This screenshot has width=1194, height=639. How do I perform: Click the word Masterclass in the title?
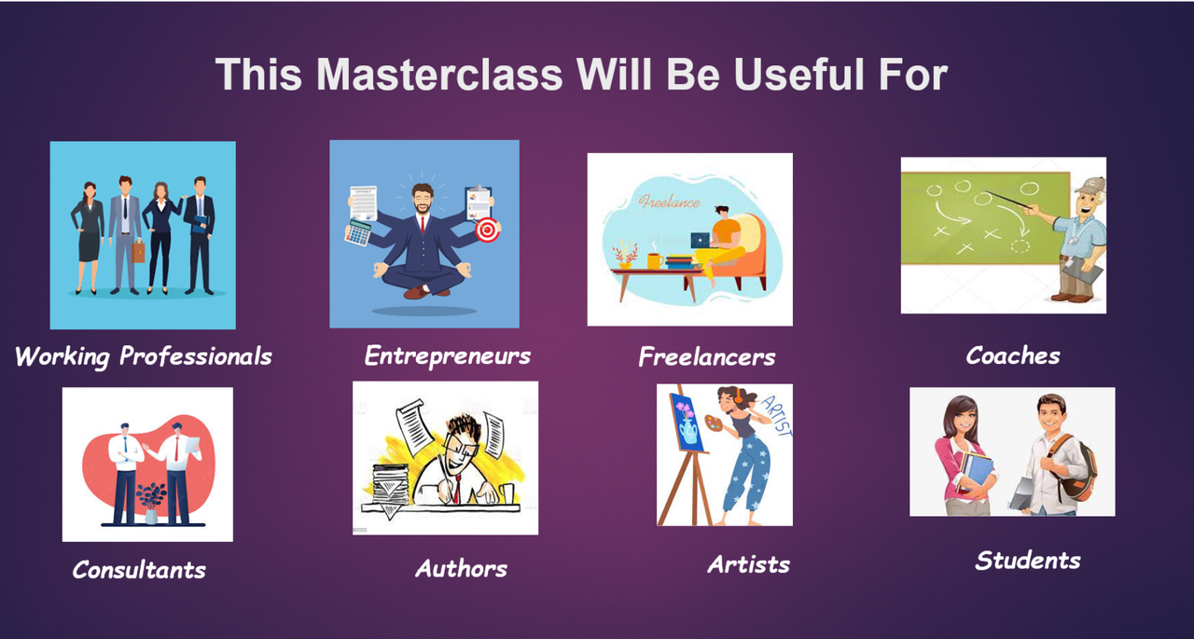(x=439, y=74)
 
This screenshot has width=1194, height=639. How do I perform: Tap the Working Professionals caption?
(x=144, y=356)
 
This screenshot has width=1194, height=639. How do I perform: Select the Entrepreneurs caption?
(x=447, y=355)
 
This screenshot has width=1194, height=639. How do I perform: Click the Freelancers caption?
(x=707, y=356)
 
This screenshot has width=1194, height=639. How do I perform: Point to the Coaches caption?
(x=1013, y=355)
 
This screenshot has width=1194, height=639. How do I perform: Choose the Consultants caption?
(x=139, y=570)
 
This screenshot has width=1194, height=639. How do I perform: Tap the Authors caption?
(x=461, y=568)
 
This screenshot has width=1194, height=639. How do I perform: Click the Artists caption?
(x=748, y=564)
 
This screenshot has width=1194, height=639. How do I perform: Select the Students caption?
(x=1028, y=561)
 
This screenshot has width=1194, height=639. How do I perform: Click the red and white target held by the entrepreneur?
(x=487, y=229)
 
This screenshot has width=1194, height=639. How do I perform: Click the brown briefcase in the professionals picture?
(x=138, y=252)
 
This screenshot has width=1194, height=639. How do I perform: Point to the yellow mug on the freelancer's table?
(x=655, y=261)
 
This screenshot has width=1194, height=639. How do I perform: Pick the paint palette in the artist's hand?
(x=714, y=424)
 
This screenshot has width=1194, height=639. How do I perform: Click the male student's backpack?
(x=1077, y=468)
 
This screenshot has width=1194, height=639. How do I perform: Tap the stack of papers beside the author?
(x=392, y=484)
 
